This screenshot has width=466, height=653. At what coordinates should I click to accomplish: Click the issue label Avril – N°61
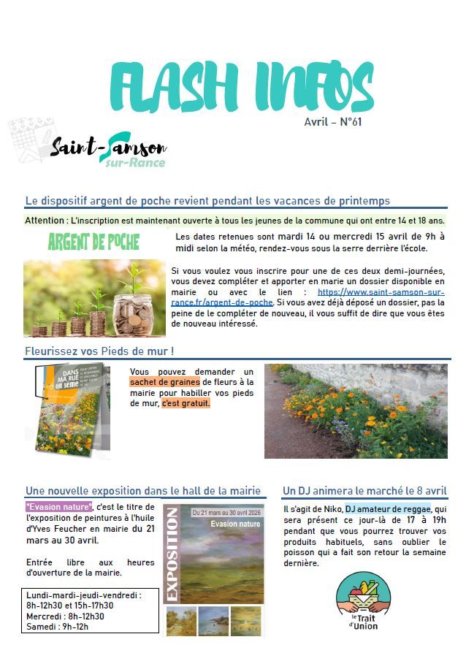(332, 122)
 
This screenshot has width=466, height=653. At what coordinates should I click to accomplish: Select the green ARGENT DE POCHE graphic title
(93, 242)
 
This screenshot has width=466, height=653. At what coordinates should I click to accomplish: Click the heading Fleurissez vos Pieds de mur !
(99, 351)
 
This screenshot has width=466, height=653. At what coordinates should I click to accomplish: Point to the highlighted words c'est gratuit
(186, 402)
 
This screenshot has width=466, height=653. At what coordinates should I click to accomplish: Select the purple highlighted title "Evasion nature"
(58, 507)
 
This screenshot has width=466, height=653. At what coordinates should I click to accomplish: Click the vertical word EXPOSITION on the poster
(173, 553)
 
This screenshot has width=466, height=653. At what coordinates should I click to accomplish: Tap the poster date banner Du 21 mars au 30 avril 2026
(225, 513)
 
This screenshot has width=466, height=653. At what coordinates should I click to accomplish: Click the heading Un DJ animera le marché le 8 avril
(364, 490)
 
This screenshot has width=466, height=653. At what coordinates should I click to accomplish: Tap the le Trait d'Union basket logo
(363, 600)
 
